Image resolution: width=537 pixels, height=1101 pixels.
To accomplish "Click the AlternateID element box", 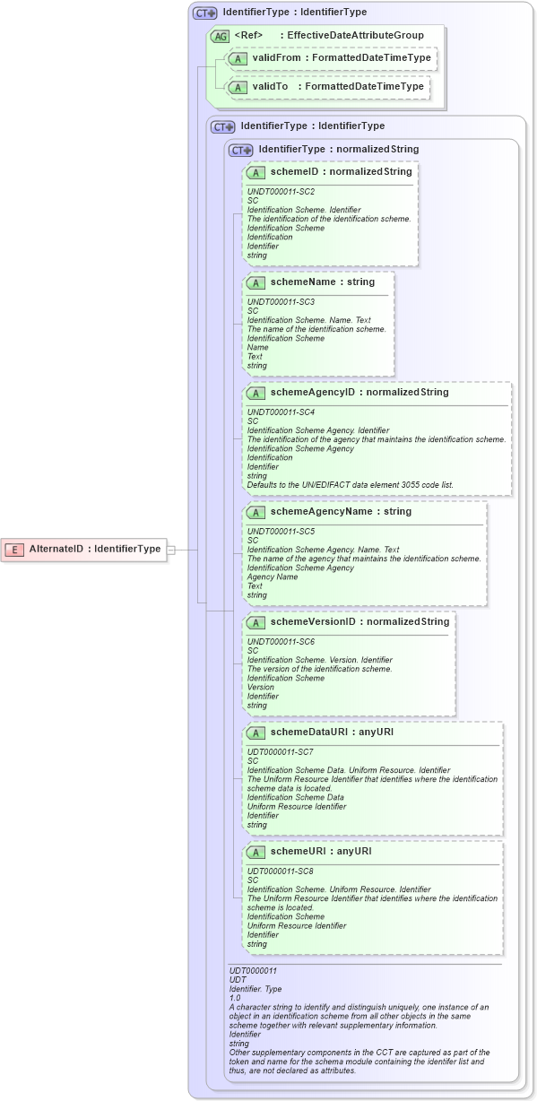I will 85,549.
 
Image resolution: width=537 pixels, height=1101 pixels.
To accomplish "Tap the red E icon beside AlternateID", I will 15,549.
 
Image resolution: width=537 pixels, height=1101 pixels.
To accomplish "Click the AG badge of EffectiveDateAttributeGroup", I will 220,36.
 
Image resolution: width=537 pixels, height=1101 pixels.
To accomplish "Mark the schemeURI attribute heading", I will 307,851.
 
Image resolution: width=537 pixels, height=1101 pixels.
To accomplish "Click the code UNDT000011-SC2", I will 281,192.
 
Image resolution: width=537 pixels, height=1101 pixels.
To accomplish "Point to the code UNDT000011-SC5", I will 281,532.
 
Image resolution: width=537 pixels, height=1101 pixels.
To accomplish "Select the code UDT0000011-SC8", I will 281,871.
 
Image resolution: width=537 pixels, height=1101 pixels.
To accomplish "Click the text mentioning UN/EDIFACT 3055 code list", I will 350,484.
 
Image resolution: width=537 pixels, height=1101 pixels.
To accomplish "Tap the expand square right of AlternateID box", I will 171,549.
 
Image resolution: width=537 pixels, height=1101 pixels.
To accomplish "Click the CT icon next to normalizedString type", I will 241,150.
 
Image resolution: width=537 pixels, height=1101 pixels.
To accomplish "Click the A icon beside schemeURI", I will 256,851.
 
